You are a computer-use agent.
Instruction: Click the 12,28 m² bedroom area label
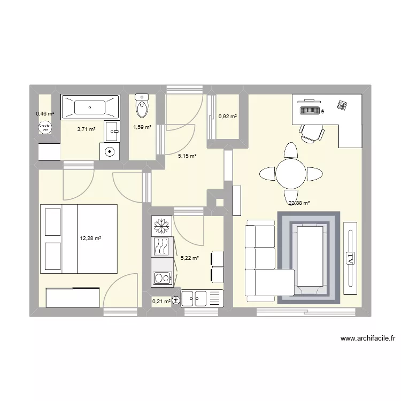click(x=90, y=239)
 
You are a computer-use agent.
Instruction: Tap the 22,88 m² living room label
click(x=299, y=203)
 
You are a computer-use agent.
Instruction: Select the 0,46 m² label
click(x=45, y=114)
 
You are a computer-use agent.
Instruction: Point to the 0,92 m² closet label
click(x=227, y=116)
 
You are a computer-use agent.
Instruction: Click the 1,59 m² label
click(x=142, y=127)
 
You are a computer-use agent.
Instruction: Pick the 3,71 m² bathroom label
click(x=86, y=129)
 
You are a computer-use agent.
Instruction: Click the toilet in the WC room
click(x=142, y=105)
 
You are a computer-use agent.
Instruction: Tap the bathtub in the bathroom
click(x=90, y=107)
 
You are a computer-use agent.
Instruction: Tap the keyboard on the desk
click(x=310, y=111)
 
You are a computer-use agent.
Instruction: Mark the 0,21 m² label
click(x=161, y=302)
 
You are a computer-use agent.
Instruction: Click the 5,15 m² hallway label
click(x=187, y=156)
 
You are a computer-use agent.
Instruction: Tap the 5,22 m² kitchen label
click(x=190, y=258)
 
